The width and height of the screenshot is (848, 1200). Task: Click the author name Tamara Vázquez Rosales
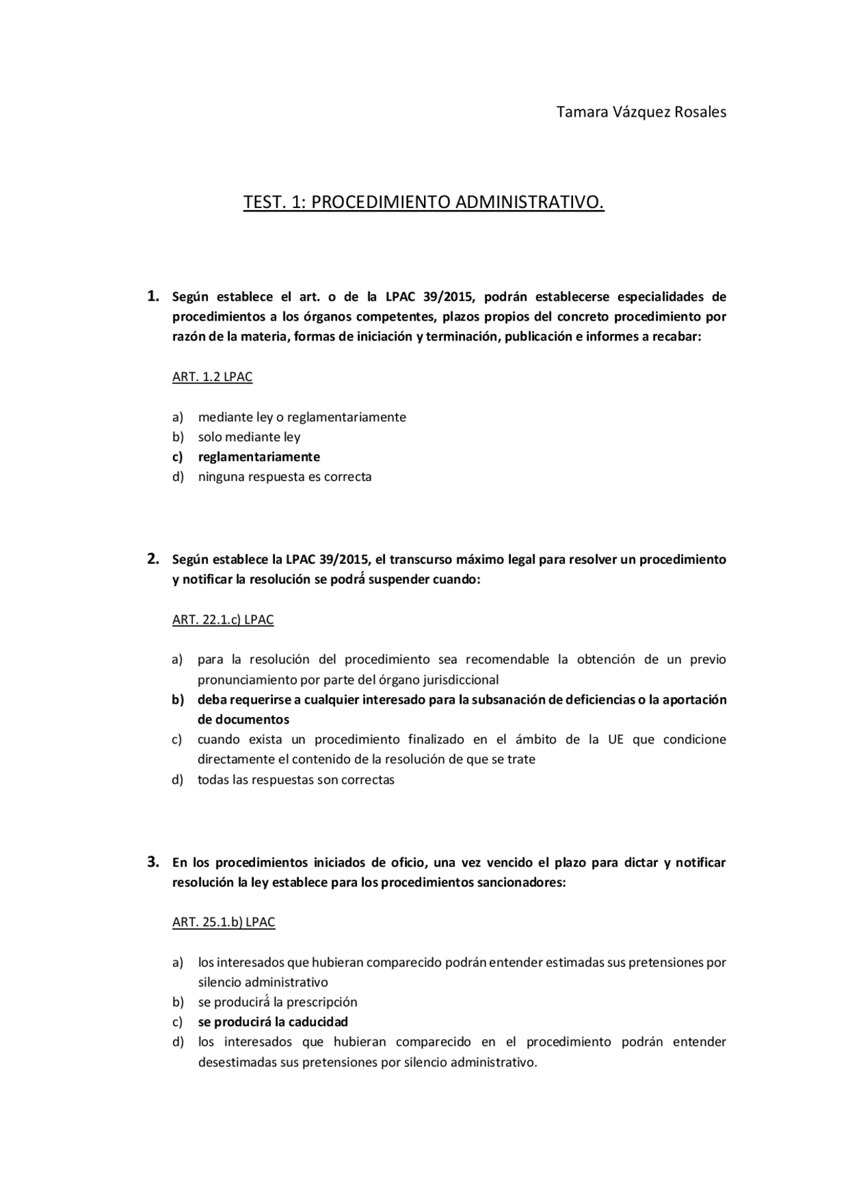[641, 111]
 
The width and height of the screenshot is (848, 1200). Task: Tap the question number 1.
[152, 296]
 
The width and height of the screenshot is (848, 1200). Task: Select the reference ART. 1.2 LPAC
[212, 376]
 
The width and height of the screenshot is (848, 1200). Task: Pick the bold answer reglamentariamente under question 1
[258, 457]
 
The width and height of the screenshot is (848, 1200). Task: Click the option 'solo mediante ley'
[249, 437]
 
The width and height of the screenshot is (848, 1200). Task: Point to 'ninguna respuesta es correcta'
[284, 476]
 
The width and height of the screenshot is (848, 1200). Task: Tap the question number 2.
[152, 559]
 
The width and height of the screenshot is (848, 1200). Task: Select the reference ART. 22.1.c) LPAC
[223, 619]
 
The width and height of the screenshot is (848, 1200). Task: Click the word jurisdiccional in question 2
[460, 679]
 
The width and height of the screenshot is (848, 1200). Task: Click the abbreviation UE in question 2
[615, 739]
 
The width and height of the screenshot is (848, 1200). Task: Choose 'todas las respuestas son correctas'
[295, 779]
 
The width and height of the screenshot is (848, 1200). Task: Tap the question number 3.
[152, 861]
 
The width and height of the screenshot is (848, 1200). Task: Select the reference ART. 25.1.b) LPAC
[223, 922]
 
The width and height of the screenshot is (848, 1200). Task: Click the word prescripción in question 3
[322, 1001]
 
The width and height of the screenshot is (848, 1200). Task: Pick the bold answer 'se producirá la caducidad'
[272, 1021]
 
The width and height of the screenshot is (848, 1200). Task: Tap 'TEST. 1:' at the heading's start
[275, 201]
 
